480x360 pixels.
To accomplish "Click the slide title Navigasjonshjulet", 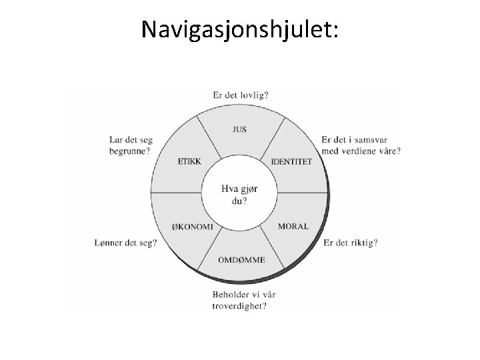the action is [240, 29].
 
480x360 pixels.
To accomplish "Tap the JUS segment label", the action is [240, 129].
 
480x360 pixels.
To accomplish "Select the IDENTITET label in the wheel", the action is [291, 162].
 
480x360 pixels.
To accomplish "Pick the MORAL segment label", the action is [293, 227].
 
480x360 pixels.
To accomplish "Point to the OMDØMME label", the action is [241, 259].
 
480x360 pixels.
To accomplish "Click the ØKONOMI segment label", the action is [193, 227].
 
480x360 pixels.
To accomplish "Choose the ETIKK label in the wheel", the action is [189, 161].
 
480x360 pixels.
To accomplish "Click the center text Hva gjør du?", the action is [239, 193].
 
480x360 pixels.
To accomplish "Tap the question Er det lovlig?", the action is [241, 95].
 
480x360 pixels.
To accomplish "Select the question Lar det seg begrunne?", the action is [131, 145].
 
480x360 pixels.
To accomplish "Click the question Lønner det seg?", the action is [126, 243].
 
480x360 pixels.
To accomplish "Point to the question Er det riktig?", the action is [350, 243].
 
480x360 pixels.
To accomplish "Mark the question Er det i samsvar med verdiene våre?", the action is [361, 145].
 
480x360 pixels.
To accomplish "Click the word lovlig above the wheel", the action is [253, 95].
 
